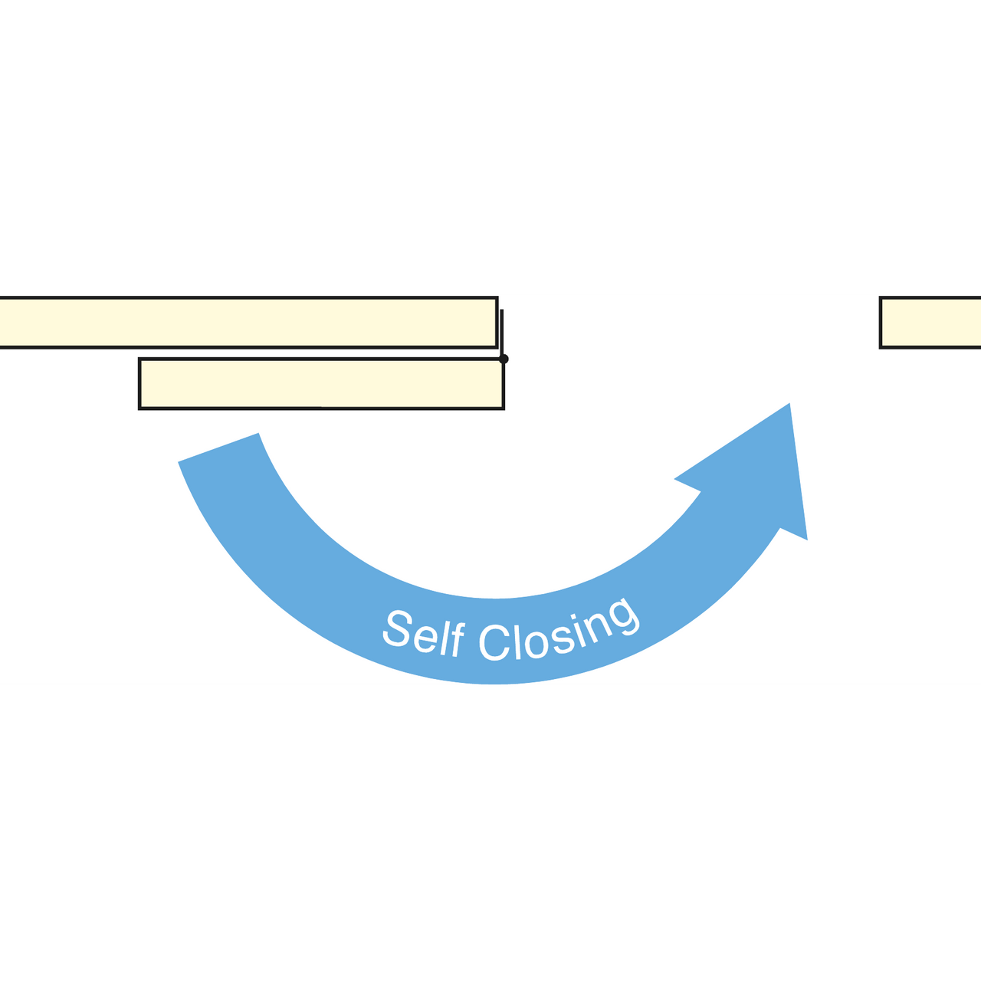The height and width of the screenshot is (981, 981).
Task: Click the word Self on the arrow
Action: click(424, 634)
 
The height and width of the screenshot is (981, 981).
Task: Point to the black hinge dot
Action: click(504, 359)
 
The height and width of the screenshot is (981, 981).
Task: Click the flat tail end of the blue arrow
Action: click(218, 448)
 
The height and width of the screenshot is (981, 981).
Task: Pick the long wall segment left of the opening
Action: click(248, 322)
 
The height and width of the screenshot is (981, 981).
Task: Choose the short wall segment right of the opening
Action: click(930, 322)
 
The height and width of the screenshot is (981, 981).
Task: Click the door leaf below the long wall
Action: click(322, 384)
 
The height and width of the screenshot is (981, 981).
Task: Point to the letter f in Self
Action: click(456, 639)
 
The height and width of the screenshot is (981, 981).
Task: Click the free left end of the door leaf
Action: click(139, 384)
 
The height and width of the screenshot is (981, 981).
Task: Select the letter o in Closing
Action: click(537, 645)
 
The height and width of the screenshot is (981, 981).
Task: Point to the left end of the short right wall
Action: click(880, 322)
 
